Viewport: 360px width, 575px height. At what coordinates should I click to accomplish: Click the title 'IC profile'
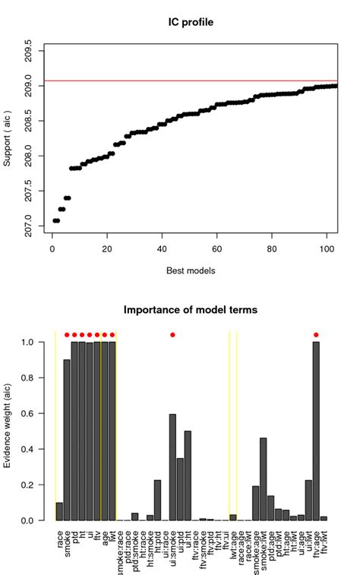pyautogui.click(x=190, y=23)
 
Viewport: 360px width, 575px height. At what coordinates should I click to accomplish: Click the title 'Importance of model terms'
pyautogui.click(x=190, y=310)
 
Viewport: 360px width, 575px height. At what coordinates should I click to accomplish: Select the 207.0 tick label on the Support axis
pyautogui.click(x=28, y=226)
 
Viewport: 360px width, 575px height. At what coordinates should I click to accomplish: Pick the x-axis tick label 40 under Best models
pyautogui.click(x=162, y=248)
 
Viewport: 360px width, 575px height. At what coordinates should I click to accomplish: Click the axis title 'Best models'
pyautogui.click(x=190, y=270)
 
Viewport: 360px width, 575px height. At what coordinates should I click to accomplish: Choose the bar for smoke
pyautogui.click(x=67, y=440)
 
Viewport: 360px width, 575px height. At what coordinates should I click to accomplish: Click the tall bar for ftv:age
pyautogui.click(x=316, y=431)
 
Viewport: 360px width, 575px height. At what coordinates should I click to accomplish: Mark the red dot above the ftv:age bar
pyautogui.click(x=316, y=335)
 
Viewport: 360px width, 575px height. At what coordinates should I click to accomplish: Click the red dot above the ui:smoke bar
pyautogui.click(x=172, y=335)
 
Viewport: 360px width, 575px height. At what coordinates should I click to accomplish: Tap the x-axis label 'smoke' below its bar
pyautogui.click(x=67, y=541)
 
